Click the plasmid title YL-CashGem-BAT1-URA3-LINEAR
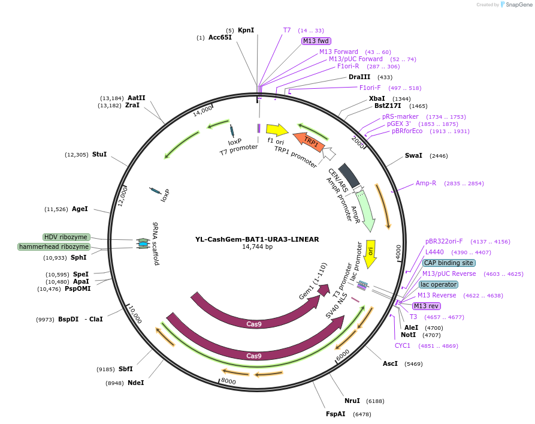click(x=257, y=239)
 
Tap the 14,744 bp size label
click(x=257, y=247)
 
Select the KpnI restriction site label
click(x=246, y=30)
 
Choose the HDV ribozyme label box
click(x=66, y=237)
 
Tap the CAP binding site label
click(x=449, y=263)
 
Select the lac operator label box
click(x=439, y=284)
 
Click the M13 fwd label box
click(x=316, y=41)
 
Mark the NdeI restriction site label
click(x=135, y=383)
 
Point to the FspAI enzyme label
click(x=335, y=414)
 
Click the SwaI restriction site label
click(x=413, y=155)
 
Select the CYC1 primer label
click(x=403, y=345)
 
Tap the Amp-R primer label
click(x=426, y=183)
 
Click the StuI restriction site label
click(x=99, y=154)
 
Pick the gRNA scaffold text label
click(x=156, y=243)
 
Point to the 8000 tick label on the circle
click(x=228, y=381)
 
